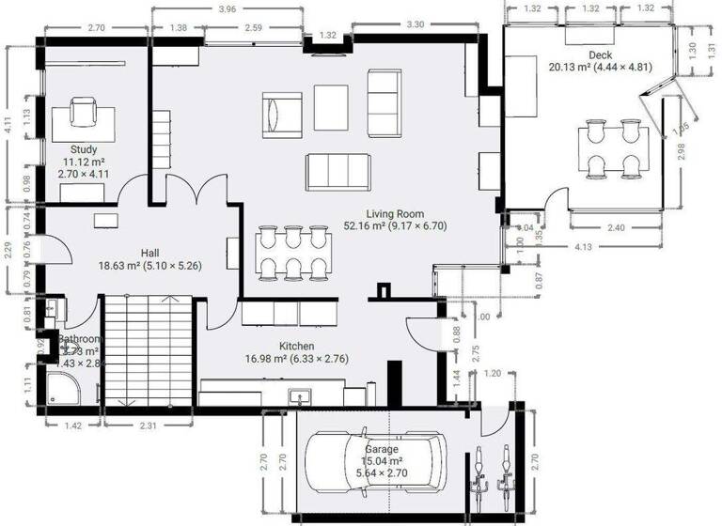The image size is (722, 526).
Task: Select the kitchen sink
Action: coord(298,396)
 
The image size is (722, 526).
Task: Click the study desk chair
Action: coord(83,114)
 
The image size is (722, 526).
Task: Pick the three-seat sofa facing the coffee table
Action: coord(337,171)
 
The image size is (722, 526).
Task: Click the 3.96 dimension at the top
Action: coord(227,10)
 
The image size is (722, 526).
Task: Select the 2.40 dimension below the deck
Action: coord(616,227)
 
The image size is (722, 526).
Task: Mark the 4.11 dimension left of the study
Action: coord(8,126)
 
